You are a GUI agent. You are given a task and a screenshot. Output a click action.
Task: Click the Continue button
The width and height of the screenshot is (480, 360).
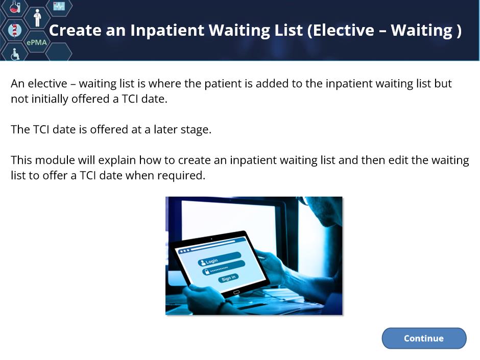click(x=424, y=338)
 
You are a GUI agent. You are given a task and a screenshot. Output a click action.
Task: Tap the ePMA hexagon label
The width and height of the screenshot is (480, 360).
click(x=37, y=42)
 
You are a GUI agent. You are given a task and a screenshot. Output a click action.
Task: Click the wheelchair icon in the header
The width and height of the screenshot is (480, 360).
click(x=15, y=54)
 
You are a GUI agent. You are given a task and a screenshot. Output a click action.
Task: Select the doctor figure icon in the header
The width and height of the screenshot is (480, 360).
click(x=37, y=18)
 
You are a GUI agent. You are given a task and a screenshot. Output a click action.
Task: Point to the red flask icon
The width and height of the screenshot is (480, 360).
click(x=15, y=6)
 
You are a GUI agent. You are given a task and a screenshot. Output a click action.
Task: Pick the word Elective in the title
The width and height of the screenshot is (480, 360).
click(x=343, y=30)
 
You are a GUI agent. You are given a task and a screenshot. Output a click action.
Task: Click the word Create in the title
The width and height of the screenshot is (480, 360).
click(x=75, y=30)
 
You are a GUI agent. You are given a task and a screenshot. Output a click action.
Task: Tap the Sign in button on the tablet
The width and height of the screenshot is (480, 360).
click(x=229, y=278)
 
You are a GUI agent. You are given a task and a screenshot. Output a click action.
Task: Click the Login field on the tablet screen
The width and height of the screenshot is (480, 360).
click(x=220, y=259)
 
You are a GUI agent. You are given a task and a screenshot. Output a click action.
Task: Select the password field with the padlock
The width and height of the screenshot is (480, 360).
click(x=224, y=268)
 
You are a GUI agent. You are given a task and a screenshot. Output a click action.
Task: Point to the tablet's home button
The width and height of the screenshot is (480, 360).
click(x=236, y=293)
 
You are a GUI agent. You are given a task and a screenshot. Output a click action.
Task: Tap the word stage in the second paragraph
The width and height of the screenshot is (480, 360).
click(x=196, y=130)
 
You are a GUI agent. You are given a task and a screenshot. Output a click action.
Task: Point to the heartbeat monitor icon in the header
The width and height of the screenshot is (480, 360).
click(x=59, y=6)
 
